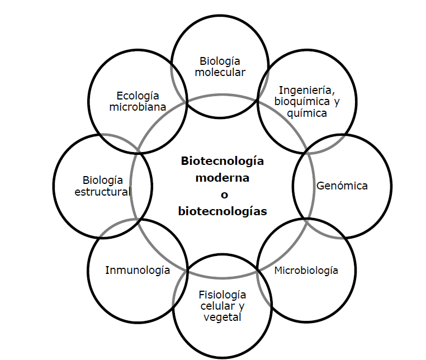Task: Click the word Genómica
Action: tap(342, 186)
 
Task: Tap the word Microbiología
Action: tap(306, 271)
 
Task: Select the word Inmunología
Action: tap(138, 271)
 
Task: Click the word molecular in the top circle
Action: tap(224, 72)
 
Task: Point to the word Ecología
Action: tap(138, 95)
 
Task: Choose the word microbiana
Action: tap(138, 107)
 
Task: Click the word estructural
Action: tap(102, 192)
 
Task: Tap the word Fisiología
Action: tap(223, 295)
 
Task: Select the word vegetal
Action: tap(223, 318)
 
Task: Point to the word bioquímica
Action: tap(299, 102)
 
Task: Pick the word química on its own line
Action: tap(306, 113)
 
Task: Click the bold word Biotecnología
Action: tap(222, 161)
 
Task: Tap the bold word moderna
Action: tap(222, 178)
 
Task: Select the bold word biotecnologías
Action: tap(222, 212)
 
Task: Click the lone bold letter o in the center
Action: tap(222, 195)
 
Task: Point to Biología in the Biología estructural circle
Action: tap(102, 180)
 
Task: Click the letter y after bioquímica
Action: tap(337, 102)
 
